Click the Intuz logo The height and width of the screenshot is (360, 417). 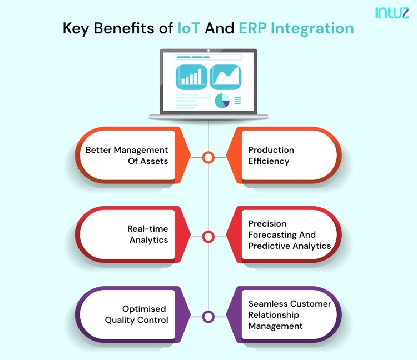point(392,12)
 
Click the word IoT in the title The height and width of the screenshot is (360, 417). point(188,28)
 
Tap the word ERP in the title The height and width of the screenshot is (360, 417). point(252,28)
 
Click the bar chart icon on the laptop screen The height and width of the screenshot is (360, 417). point(191,77)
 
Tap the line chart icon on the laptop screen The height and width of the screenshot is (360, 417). point(226,77)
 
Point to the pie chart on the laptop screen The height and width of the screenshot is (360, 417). point(222,101)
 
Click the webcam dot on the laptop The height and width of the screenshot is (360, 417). point(209,51)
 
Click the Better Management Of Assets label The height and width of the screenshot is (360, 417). point(127,156)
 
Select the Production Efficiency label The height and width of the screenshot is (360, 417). point(271,156)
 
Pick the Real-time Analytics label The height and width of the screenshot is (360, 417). point(147,234)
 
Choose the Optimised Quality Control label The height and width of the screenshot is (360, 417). point(136,314)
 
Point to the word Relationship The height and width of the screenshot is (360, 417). point(274,315)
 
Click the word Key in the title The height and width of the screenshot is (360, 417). point(76,29)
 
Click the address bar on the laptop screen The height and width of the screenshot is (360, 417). point(209,57)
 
